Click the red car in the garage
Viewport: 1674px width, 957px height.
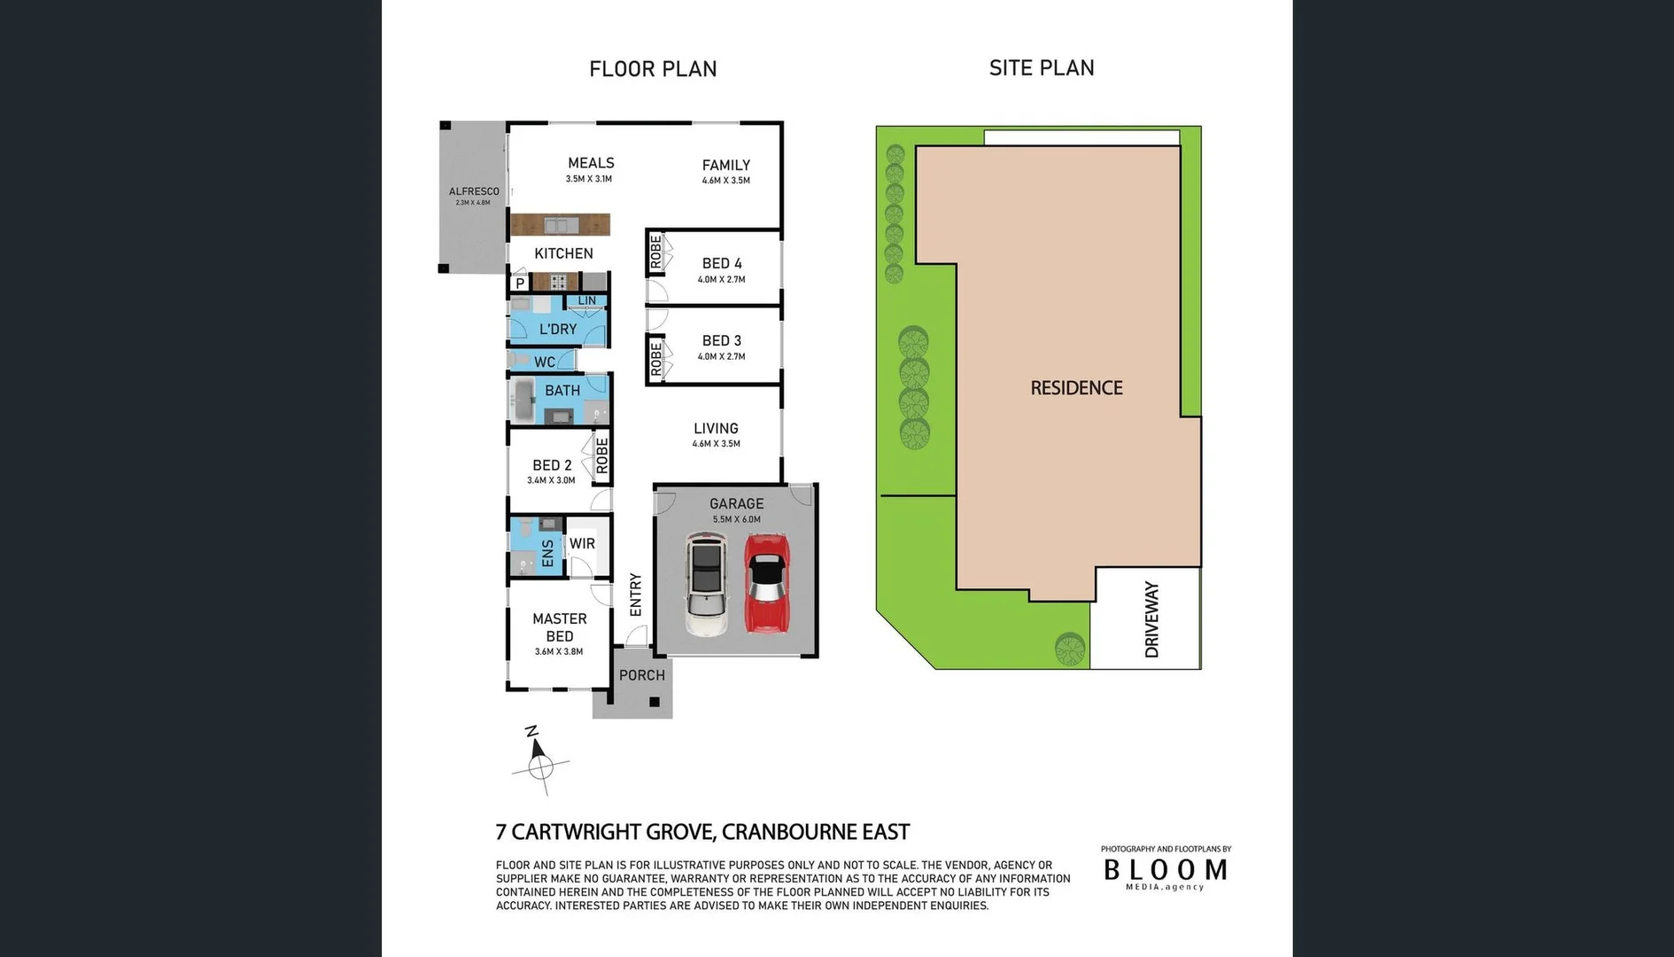[766, 582]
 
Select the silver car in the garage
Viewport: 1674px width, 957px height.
[706, 584]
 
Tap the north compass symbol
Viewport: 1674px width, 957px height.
[538, 760]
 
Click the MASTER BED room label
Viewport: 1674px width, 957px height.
[559, 627]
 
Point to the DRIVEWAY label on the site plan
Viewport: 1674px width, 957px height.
[1151, 619]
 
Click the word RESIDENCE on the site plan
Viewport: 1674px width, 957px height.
[1076, 388]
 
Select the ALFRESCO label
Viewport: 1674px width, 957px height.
[474, 191]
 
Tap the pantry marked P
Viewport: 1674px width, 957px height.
[520, 284]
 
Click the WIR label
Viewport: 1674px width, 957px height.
[582, 543]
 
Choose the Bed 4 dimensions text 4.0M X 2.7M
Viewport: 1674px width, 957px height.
[721, 280]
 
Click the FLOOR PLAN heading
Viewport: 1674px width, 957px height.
[653, 69]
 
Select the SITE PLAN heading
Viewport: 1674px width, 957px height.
[1042, 68]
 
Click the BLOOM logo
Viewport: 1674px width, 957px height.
[1165, 870]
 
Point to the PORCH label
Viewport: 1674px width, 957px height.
[641, 675]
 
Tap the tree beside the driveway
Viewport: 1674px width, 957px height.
[1070, 649]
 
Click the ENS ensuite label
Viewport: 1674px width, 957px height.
[547, 553]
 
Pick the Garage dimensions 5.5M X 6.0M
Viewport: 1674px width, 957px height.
[736, 520]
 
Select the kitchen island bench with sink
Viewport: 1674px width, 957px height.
[560, 224]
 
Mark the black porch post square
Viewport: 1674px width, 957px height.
[655, 702]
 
